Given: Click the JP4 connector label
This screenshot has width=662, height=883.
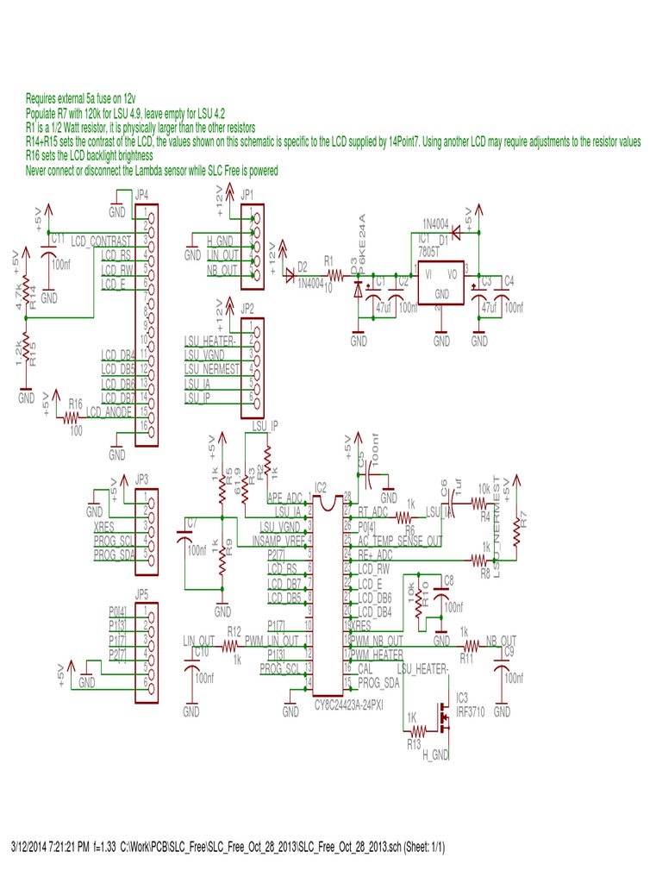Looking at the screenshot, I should click(x=143, y=196).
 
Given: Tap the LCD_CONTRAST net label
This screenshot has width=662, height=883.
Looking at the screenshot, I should click(x=102, y=239).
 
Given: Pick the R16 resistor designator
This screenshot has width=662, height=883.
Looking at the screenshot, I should click(x=76, y=404).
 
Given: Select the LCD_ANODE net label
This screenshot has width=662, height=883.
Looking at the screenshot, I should click(x=109, y=412).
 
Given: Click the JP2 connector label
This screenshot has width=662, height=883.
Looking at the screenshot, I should click(x=247, y=308).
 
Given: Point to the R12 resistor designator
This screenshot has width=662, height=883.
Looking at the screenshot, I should click(x=234, y=631).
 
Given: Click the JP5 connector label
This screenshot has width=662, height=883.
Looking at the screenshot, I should click(x=143, y=594).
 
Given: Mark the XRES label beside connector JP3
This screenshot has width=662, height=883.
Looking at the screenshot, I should click(x=103, y=524).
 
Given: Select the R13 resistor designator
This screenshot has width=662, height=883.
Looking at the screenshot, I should click(x=415, y=741).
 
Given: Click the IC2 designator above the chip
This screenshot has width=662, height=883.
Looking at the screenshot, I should click(x=321, y=487).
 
